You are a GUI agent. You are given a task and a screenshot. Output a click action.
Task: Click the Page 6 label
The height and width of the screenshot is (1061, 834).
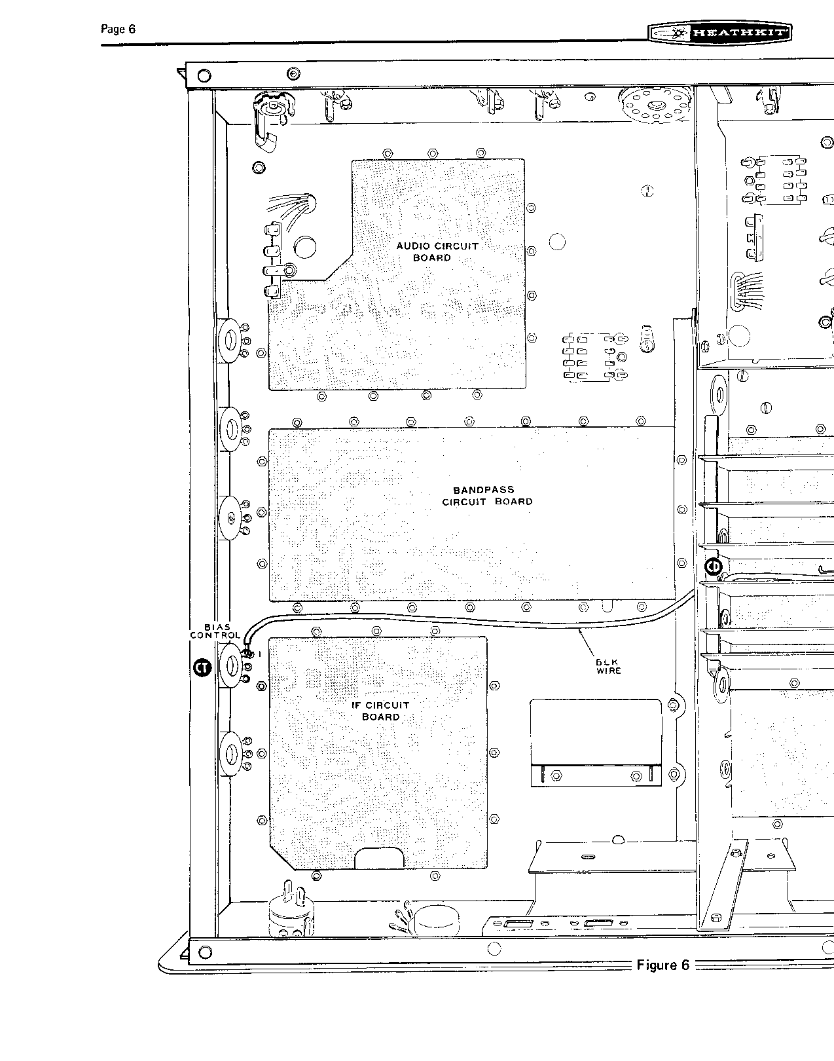point(118,29)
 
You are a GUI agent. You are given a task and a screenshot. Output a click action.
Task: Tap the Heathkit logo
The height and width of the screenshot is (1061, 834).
point(720,33)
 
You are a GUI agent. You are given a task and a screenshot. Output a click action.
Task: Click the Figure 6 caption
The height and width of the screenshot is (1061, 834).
point(662,965)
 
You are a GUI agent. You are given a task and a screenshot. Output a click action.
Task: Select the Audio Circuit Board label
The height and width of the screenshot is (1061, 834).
point(437,251)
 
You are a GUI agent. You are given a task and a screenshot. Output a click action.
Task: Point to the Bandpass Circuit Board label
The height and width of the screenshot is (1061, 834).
point(486,496)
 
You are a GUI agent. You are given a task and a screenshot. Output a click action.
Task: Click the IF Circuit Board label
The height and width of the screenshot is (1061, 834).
point(380,711)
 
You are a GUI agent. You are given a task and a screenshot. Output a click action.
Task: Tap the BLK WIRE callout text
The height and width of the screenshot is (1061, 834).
point(609,667)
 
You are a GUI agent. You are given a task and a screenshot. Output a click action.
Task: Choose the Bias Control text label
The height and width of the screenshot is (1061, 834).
point(215,631)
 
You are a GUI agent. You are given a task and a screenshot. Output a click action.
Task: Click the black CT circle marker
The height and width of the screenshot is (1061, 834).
point(202,667)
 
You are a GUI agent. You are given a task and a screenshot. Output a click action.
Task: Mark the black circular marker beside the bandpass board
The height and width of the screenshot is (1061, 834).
point(714,567)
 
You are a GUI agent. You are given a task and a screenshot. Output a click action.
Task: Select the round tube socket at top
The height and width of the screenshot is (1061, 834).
point(655,105)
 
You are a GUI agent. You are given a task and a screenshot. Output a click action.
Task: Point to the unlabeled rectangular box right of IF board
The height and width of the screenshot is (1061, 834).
point(596,742)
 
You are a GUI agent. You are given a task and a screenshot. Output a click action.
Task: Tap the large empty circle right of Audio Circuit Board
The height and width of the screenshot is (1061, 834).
point(557,242)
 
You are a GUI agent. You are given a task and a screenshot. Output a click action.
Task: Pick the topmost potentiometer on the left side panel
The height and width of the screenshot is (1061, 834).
point(230,341)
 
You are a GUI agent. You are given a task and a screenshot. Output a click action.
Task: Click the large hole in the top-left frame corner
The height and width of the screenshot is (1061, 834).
point(204,75)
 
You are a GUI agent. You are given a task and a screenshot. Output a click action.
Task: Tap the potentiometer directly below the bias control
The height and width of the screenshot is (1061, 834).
point(230,754)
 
